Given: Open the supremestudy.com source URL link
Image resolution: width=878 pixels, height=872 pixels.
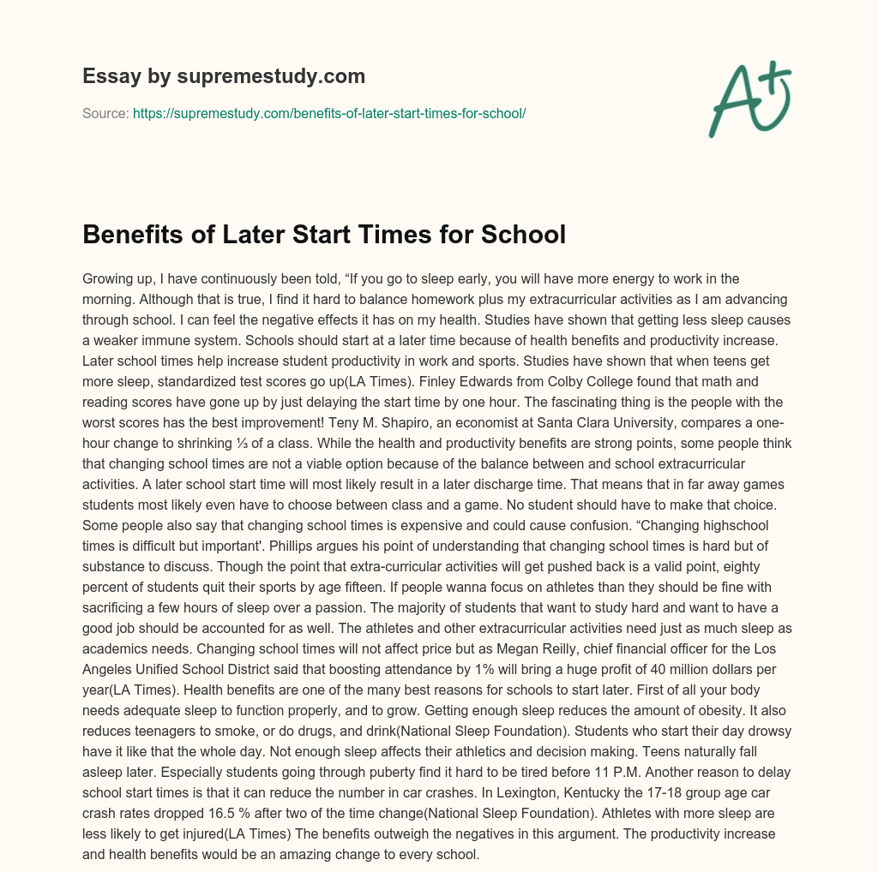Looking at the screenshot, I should pos(329,113).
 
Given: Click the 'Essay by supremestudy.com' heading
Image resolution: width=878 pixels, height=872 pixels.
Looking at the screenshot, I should pos(224,76).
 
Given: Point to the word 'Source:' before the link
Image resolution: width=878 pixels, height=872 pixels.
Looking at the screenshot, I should pos(105,113).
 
